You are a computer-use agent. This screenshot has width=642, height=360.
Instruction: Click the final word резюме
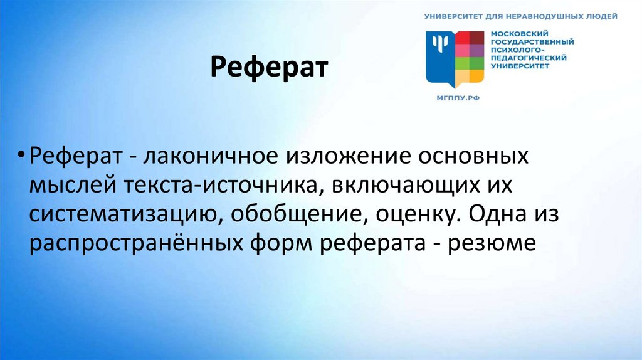(497, 243)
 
